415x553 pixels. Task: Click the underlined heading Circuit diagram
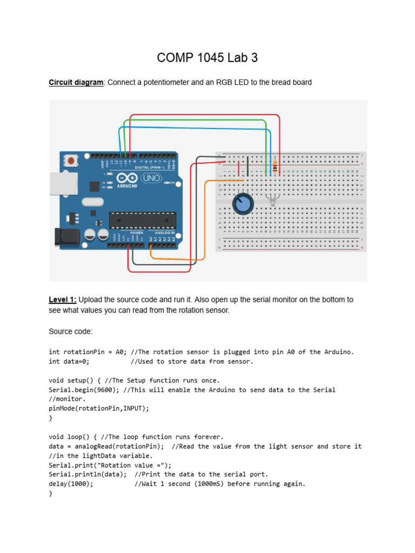76,83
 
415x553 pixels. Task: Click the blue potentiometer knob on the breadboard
244,204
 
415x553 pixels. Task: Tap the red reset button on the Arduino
71,160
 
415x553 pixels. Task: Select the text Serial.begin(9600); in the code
84,390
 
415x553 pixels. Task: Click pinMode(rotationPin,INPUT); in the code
98,409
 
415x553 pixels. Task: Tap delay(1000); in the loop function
71,484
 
